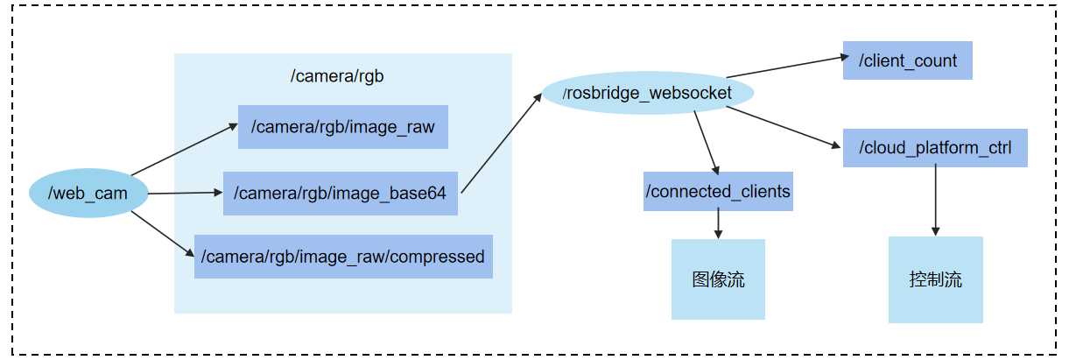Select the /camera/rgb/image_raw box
pos(342,127)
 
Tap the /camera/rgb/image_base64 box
pos(340,194)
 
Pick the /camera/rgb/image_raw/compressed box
pos(342,257)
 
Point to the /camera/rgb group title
pos(337,76)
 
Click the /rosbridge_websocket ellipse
pos(648,93)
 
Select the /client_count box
pos(907,61)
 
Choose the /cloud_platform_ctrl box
pos(935,148)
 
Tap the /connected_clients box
pos(718,191)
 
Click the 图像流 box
pos(718,279)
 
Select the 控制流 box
pos(935,279)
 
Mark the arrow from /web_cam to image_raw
pos(184,150)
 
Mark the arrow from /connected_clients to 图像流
pos(718,224)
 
